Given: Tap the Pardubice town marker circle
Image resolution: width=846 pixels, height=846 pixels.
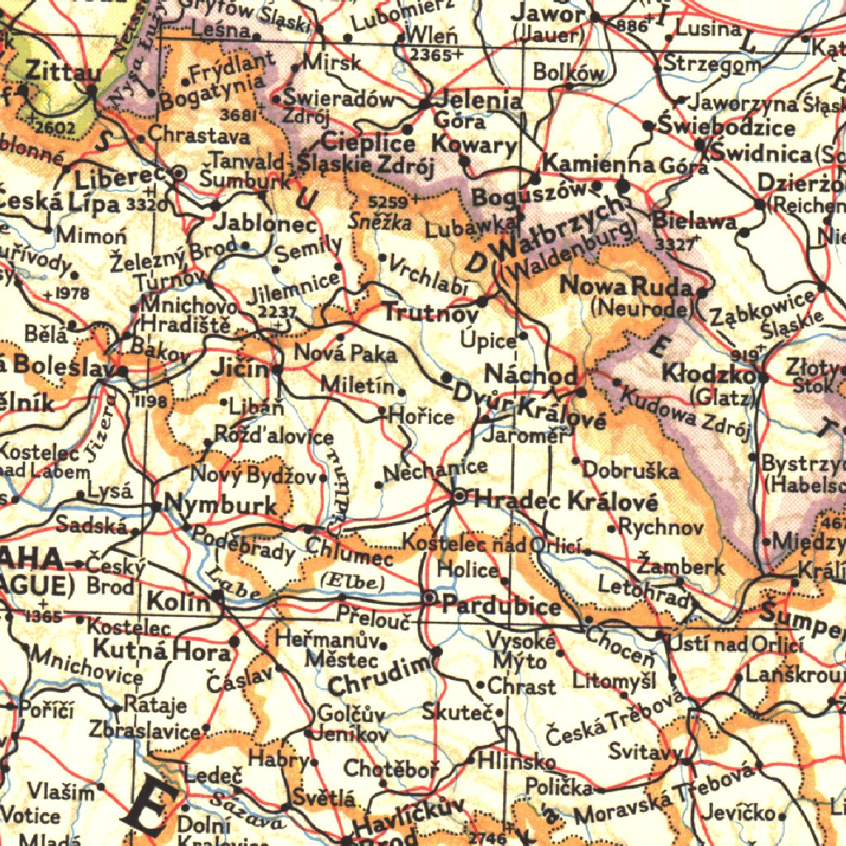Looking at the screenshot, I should coord(430,596).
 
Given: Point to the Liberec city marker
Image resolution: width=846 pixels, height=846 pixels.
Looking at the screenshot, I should coord(179,173).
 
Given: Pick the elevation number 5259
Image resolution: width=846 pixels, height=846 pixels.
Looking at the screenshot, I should coord(387,202).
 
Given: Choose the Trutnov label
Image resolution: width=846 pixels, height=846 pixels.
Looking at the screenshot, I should coord(430,314).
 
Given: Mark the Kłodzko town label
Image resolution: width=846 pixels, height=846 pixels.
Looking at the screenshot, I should coord(708,375).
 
